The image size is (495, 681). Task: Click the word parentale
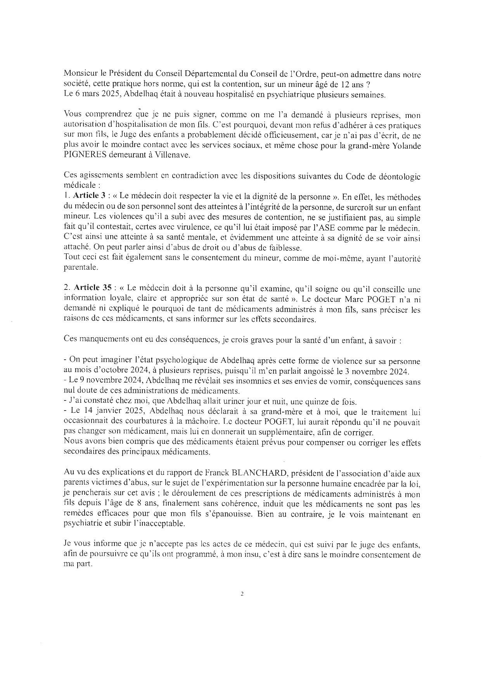point(77,268)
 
